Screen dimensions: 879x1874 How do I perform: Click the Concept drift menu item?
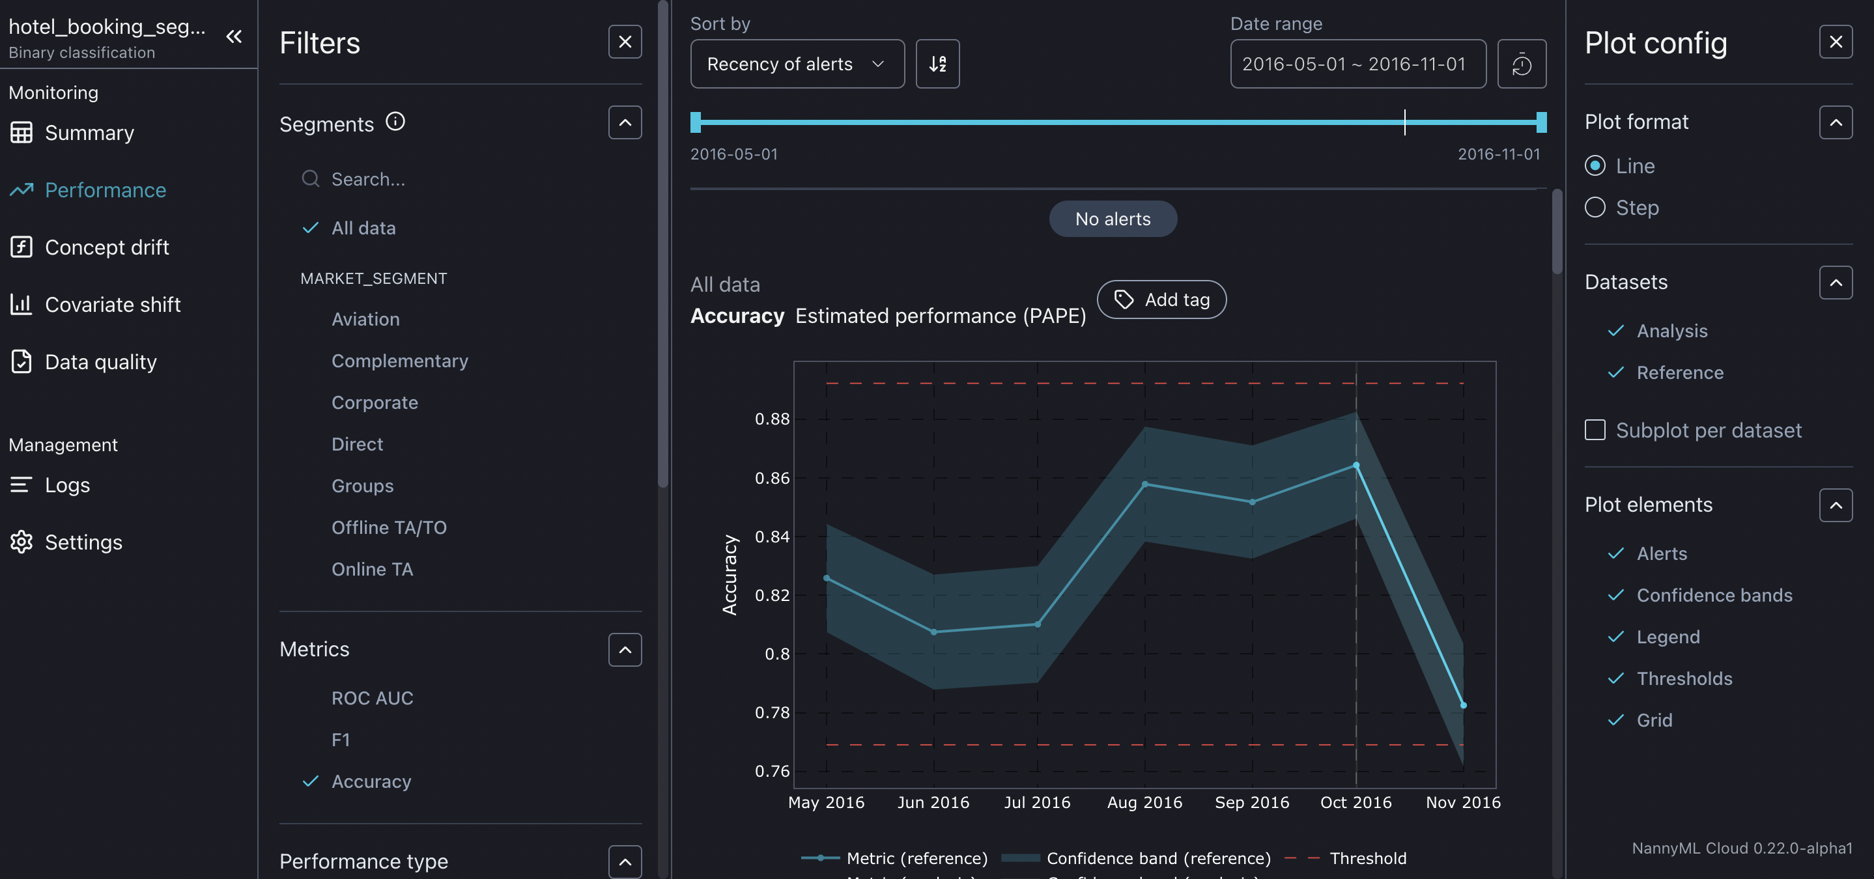[x=106, y=247]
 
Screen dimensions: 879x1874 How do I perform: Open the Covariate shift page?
[x=112, y=305]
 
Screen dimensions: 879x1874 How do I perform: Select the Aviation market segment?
[x=365, y=319]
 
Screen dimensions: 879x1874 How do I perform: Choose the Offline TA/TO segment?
[x=388, y=528]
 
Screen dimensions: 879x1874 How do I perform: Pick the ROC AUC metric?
[x=372, y=698]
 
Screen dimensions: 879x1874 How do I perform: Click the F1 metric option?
[x=341, y=740]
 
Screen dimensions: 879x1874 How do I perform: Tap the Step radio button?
[x=1595, y=208]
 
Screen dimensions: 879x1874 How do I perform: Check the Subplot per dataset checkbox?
[x=1595, y=430]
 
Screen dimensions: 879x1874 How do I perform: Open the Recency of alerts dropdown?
[x=797, y=64]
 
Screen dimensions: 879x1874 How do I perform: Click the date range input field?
[x=1357, y=64]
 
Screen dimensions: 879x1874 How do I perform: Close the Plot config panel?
[x=1836, y=42]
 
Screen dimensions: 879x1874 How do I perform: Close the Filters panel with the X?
[x=624, y=42]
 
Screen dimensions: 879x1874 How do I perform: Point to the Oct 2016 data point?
[x=1356, y=466]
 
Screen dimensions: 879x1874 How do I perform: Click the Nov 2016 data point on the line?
[x=1463, y=705]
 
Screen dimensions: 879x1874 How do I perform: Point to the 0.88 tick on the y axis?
[x=771, y=419]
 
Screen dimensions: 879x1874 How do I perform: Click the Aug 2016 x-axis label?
[x=1144, y=803]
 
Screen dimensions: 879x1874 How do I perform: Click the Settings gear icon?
[x=21, y=542]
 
